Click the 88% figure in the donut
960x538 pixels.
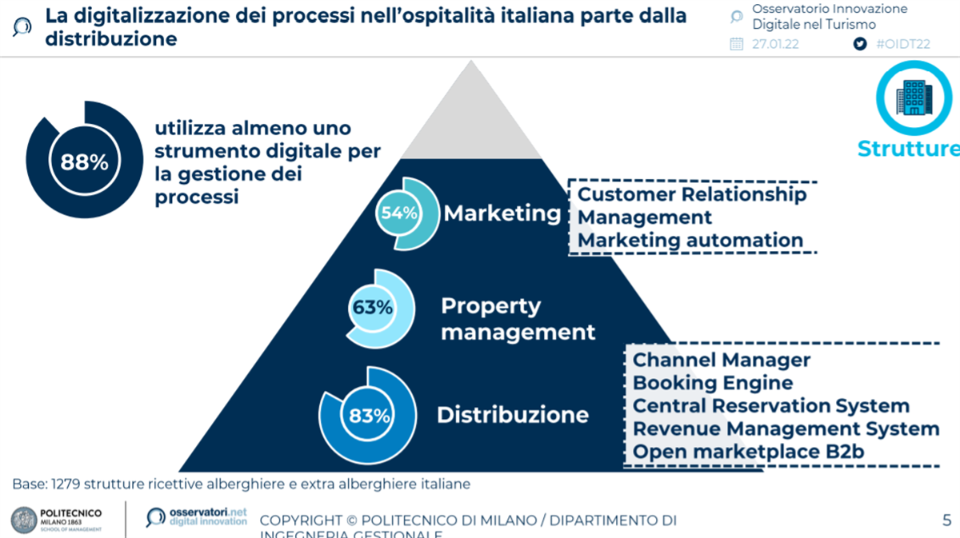click(84, 161)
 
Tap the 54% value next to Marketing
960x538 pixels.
click(398, 213)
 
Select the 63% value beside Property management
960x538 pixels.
click(373, 307)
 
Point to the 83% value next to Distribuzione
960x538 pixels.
click(370, 416)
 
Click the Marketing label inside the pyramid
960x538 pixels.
click(502, 213)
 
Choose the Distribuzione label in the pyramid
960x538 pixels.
click(512, 415)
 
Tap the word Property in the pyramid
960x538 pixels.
click(490, 306)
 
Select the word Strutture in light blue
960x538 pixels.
click(908, 149)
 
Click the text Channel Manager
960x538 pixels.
click(721, 361)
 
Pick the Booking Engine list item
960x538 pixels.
click(712, 383)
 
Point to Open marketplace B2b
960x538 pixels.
click(748, 452)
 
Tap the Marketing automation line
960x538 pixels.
click(690, 240)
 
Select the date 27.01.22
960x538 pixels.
click(775, 44)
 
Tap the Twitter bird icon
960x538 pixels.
click(860, 44)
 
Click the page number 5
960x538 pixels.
click(946, 520)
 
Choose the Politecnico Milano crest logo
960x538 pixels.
click(24, 520)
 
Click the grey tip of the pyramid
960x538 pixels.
click(470, 120)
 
